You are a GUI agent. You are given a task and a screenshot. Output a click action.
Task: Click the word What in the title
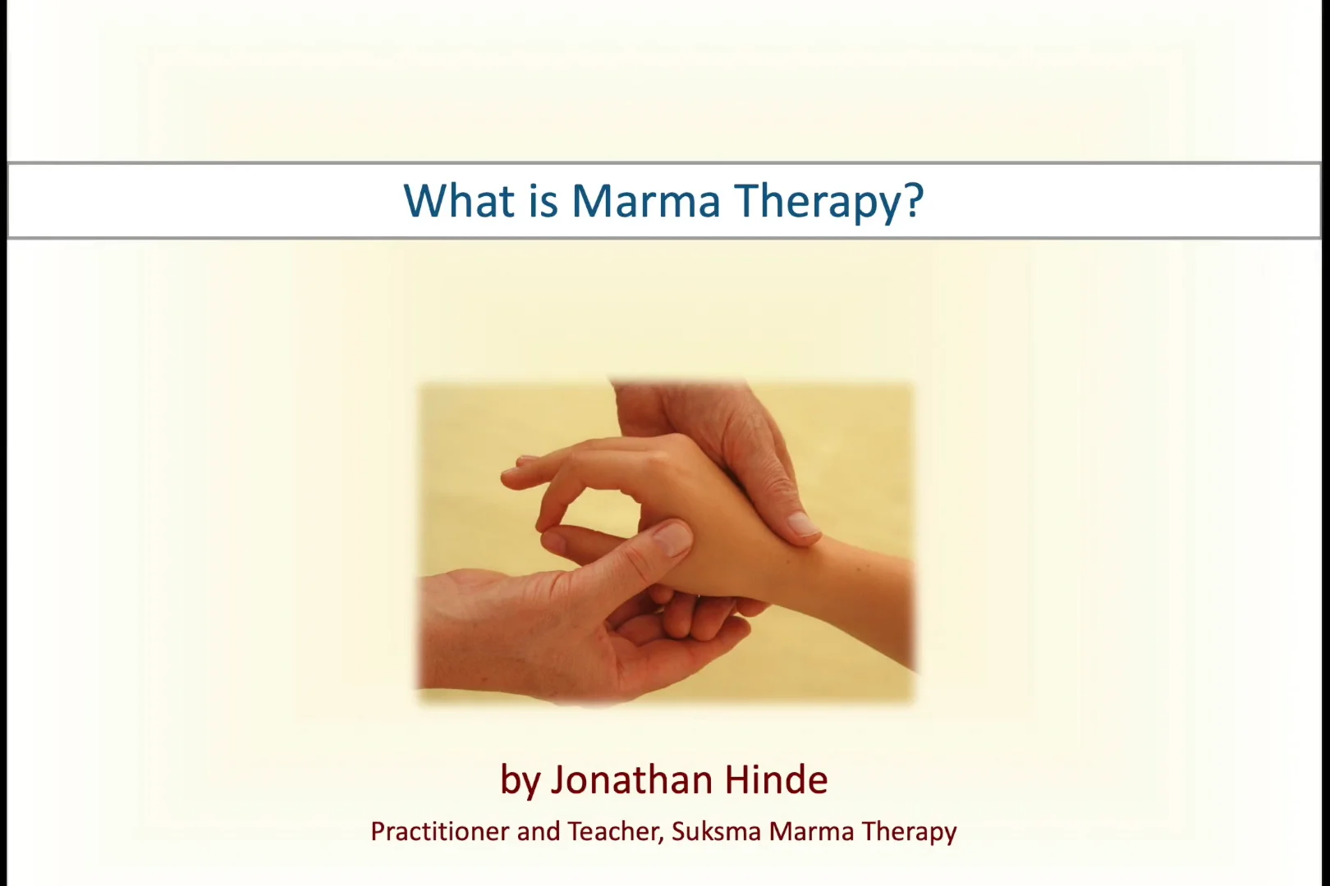(458, 200)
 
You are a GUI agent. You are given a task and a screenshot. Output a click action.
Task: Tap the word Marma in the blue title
(645, 201)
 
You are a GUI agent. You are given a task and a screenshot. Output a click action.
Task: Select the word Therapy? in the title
(829, 203)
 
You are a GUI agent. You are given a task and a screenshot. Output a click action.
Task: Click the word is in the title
(543, 200)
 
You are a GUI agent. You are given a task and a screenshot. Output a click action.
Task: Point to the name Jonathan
(631, 779)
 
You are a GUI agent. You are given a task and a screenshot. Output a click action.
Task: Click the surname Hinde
(776, 779)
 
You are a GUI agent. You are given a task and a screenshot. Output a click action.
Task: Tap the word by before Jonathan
(521, 782)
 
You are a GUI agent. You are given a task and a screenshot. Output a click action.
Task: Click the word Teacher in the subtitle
(612, 831)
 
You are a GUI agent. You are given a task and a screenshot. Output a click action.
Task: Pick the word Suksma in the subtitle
(716, 831)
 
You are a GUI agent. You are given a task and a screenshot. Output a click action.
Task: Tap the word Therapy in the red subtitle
(910, 833)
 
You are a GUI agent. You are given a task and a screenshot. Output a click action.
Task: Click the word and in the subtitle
(539, 831)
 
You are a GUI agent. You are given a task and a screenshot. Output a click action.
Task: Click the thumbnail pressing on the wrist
(802, 525)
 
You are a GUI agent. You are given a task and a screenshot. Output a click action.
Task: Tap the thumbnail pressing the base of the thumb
(672, 538)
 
